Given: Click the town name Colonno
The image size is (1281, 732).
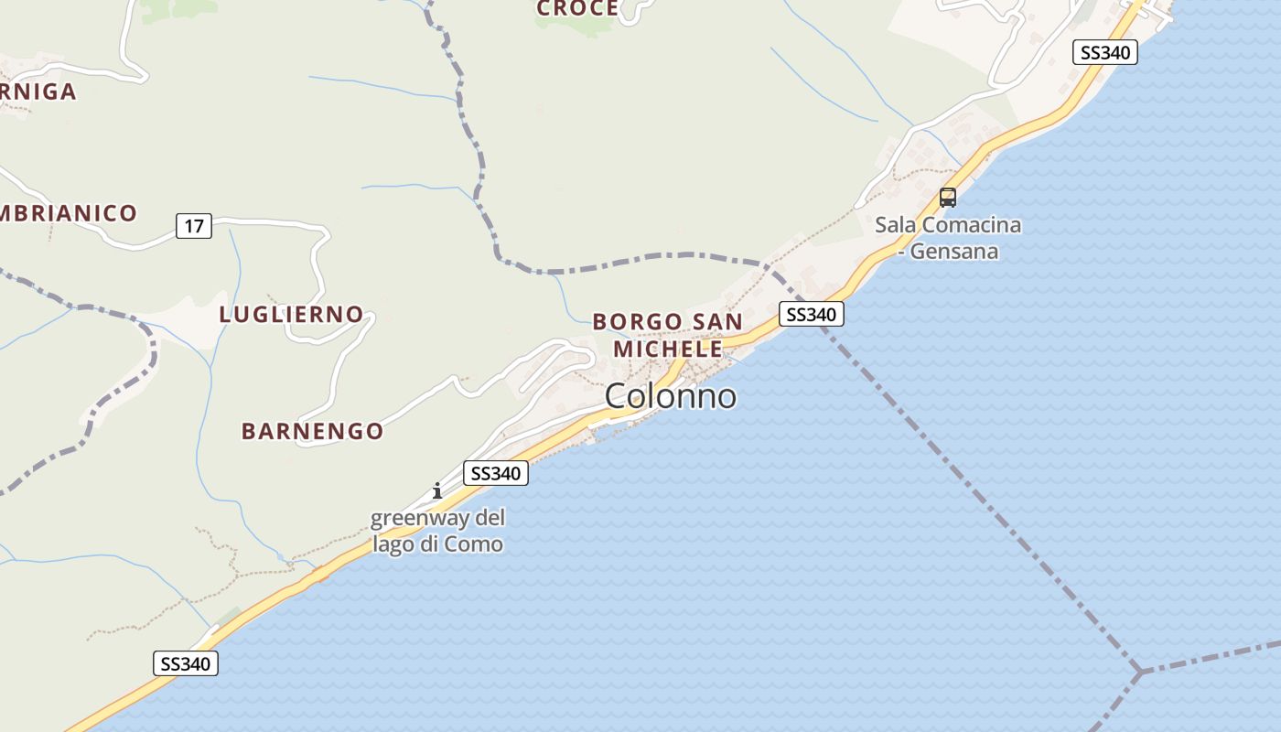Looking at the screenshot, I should point(671,396).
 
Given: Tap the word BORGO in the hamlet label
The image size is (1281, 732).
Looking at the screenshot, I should point(638,322).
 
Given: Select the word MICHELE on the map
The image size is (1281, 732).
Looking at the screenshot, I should point(668,349).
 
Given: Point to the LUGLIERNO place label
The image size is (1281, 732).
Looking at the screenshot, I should point(292,315).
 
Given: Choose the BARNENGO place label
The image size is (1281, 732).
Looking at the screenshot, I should point(312,431).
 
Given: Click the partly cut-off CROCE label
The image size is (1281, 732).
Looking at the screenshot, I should point(577,9).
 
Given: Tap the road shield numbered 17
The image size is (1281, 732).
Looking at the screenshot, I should point(194,225).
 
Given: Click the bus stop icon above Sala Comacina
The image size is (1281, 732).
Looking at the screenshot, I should point(948,197).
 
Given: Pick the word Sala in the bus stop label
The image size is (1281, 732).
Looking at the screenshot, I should point(896,225).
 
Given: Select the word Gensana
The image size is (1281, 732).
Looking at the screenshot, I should point(956,251).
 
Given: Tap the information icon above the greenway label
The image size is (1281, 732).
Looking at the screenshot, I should point(437,490).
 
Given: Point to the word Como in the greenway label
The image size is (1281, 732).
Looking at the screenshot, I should point(473,544).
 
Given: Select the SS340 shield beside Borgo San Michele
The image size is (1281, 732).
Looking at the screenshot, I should point(812,315).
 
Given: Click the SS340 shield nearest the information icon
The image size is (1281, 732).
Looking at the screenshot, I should point(496,473).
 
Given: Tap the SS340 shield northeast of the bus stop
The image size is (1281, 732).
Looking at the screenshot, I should point(1105,52).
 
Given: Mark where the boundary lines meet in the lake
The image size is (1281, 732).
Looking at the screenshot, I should point(1140,673).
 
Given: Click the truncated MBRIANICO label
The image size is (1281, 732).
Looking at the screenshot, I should point(69,214).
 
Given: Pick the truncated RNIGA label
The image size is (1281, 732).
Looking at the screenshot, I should point(38,91).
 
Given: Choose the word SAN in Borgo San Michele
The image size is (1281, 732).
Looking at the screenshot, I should point(717,322).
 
